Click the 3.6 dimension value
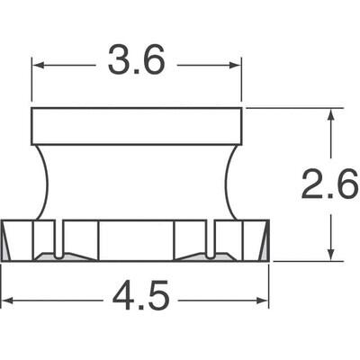[137, 59]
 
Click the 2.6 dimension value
[330, 184]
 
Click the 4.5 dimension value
[141, 295]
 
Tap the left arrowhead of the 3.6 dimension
[38, 65]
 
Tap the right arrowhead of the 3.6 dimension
[236, 65]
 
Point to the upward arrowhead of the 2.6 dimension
[331, 115]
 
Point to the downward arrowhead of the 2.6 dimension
[331, 255]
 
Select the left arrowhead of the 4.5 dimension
[8, 301]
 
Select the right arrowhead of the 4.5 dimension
[263, 301]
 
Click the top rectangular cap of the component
[137, 126]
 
